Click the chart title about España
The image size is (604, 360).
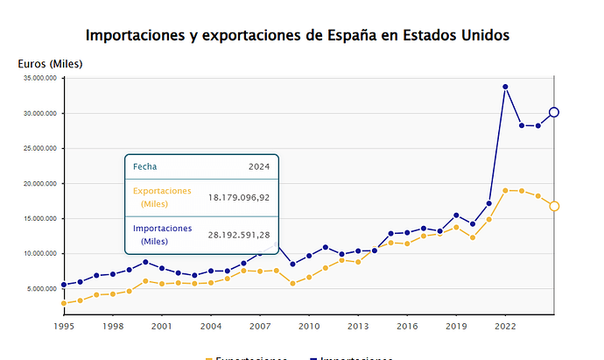click(x=298, y=35)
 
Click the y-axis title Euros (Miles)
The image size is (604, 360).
click(x=50, y=64)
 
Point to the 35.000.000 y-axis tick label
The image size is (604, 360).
click(x=40, y=78)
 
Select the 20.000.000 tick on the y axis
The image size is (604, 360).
click(x=40, y=183)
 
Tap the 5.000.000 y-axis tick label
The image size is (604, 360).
click(x=42, y=288)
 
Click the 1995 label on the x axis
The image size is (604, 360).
click(x=63, y=326)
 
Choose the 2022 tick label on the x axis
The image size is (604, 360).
click(x=503, y=326)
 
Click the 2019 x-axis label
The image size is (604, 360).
click(x=454, y=326)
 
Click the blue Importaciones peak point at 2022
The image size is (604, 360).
click(x=505, y=87)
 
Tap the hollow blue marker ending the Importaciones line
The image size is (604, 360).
click(x=554, y=112)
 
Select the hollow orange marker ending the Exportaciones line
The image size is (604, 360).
click(x=554, y=206)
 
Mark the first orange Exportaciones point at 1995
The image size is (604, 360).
click(x=64, y=303)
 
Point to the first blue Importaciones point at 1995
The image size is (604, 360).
click(x=64, y=285)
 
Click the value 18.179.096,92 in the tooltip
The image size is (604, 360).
click(x=239, y=197)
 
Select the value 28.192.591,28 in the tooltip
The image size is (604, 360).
click(x=239, y=234)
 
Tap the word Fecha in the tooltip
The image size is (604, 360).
click(x=144, y=166)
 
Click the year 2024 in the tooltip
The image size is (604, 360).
click(x=259, y=166)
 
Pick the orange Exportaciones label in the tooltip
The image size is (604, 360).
click(x=161, y=197)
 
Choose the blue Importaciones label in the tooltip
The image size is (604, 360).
click(x=162, y=234)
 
